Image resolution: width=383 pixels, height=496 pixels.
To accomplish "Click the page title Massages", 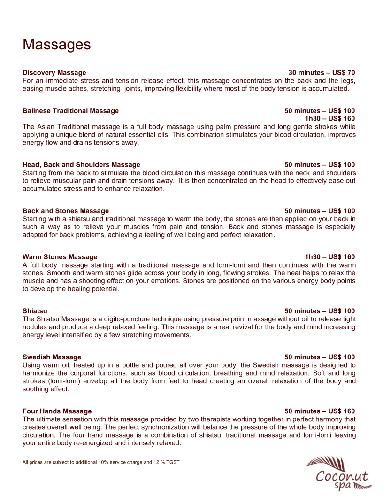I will coord(56,45).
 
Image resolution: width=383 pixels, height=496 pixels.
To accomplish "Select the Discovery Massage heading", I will coord(54,73).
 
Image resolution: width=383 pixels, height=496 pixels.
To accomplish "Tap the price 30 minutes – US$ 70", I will coord(322,73).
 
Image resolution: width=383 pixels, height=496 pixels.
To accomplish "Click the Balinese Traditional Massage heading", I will coord(70,111).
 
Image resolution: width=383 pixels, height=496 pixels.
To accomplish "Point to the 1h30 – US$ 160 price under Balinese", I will coord(330,118).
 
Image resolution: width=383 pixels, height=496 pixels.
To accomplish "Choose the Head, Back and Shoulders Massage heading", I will coord(81,165).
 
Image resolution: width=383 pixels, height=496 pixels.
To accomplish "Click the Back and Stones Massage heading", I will coord(66,211).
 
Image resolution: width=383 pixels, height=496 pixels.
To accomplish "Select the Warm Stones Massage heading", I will coord(60,257).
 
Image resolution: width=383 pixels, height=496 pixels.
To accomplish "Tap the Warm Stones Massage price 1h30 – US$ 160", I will coord(330,257).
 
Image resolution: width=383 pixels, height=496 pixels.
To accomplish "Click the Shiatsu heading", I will coord(35,311).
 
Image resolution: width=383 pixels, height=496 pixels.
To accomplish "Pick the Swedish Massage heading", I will coord(52,357).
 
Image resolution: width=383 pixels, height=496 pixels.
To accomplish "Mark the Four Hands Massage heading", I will coord(57,411).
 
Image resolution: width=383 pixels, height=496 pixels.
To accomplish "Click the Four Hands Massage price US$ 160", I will coord(341,411).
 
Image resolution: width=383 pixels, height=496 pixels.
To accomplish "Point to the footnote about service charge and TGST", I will coord(101,462).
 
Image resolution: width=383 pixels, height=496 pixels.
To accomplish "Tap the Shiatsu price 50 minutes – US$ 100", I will coord(320,311).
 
